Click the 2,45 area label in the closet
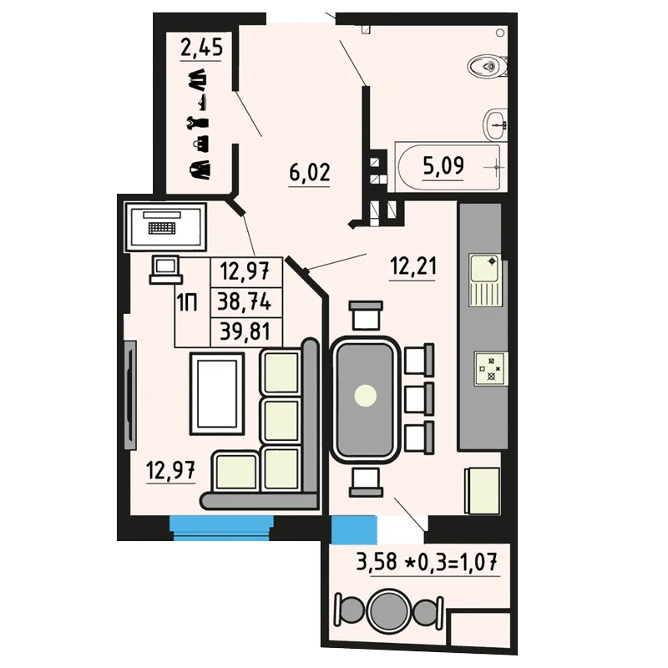[201, 47]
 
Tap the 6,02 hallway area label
[310, 172]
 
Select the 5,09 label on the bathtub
[443, 164]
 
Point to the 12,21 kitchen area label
[413, 267]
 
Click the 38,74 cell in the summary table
[245, 302]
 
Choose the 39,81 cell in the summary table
[245, 331]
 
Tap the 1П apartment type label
[187, 303]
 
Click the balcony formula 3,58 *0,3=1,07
[427, 561]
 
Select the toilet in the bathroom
[488, 67]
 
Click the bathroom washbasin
[495, 124]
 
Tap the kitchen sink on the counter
[485, 280]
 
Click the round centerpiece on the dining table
[366, 396]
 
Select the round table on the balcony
[389, 611]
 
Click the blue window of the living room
[221, 528]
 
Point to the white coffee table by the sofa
[217, 393]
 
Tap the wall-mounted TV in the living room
[130, 394]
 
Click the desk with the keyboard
[165, 226]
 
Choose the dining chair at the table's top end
[366, 315]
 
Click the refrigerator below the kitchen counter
[482, 490]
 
